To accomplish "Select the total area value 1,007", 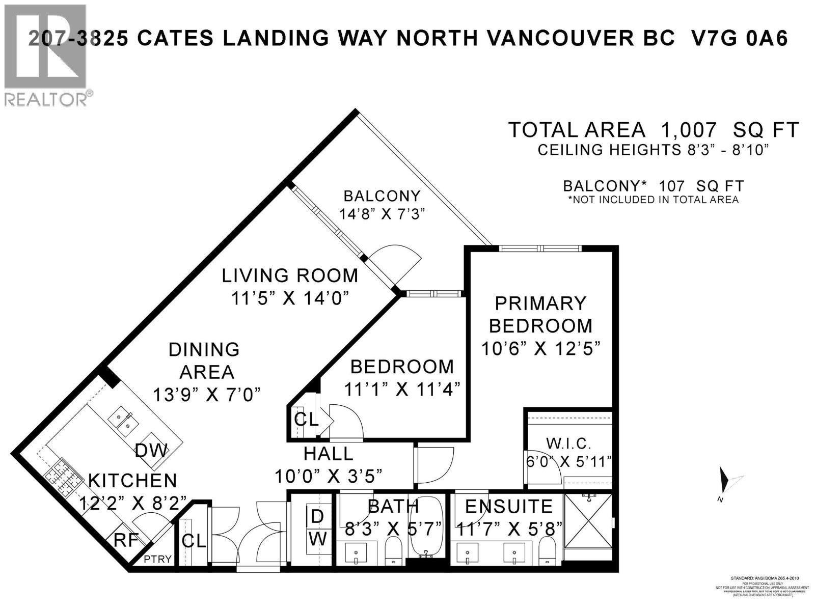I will point(689,130).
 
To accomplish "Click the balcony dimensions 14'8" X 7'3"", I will point(382,213).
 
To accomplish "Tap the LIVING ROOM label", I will point(290,275).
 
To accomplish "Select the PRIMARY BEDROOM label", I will point(540,314).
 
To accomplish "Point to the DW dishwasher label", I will point(151,450).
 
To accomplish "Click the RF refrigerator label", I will point(126,540).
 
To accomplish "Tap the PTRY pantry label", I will point(157,559).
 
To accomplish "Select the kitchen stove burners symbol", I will point(64,478).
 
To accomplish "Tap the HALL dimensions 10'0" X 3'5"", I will point(329,476).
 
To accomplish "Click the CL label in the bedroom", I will point(306,420).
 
